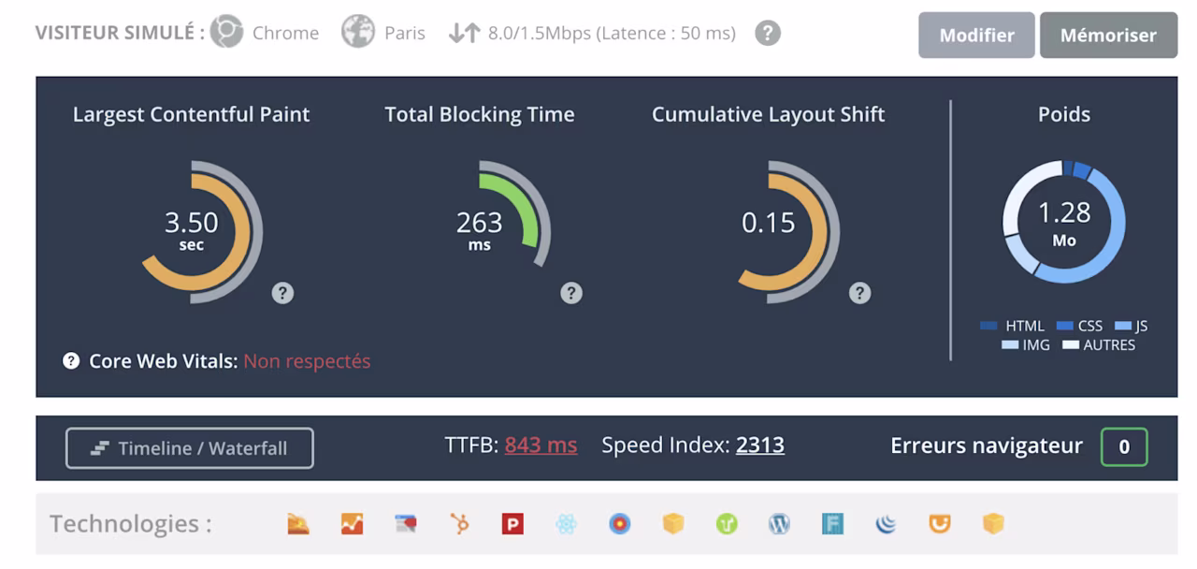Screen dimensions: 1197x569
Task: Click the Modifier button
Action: [x=976, y=35]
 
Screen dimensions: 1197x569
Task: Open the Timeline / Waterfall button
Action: [x=190, y=448]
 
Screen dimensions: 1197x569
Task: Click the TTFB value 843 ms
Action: [x=541, y=445]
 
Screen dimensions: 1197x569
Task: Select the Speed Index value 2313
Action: [x=760, y=445]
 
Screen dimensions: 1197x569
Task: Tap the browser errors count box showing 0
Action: [x=1124, y=446]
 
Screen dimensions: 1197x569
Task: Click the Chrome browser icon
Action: [x=226, y=32]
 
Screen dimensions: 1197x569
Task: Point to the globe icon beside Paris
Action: [x=358, y=32]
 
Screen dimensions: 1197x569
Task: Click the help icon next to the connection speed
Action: [x=768, y=33]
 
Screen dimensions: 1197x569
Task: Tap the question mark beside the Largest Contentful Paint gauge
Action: [x=282, y=293]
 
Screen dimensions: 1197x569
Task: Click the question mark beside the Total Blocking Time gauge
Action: [x=571, y=293]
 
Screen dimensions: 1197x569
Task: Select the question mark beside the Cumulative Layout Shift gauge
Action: [x=859, y=293]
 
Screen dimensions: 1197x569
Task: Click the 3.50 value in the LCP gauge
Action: [x=192, y=223]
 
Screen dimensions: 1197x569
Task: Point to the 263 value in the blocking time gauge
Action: [x=480, y=223]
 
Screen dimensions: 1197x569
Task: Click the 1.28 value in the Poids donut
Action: [x=1064, y=212]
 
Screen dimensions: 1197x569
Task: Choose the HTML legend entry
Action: [x=1012, y=326]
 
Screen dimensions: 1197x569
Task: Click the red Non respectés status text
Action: [x=307, y=361]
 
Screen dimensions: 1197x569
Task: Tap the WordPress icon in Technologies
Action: [x=779, y=523]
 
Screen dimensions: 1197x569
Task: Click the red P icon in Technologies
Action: [x=512, y=523]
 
